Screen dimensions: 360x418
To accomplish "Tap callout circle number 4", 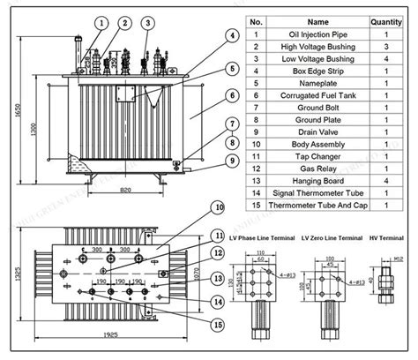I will click(231, 36).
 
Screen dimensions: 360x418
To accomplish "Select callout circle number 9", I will click(231, 161).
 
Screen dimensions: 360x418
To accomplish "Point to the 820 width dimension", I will click(126, 189).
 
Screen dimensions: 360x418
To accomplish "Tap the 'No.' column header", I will click(257, 20).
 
